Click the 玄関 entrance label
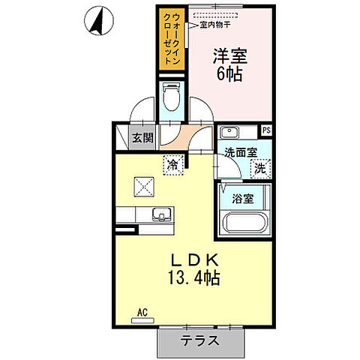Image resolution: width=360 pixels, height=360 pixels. (142, 137)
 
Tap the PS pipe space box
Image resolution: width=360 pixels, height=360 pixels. (266, 130)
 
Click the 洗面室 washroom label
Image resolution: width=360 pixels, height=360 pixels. (241, 153)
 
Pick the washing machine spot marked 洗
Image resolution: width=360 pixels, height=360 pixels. (259, 169)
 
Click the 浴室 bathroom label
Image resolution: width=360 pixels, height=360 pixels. (241, 199)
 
